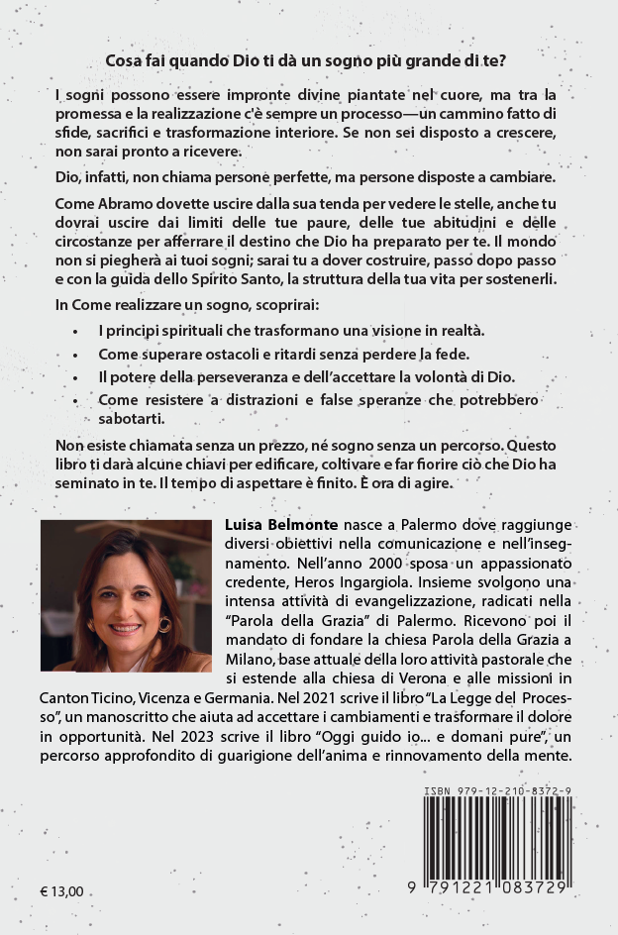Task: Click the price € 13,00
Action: point(62,891)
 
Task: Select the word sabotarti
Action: point(130,419)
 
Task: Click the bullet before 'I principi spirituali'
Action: point(76,330)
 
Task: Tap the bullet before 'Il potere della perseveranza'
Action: point(76,377)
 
